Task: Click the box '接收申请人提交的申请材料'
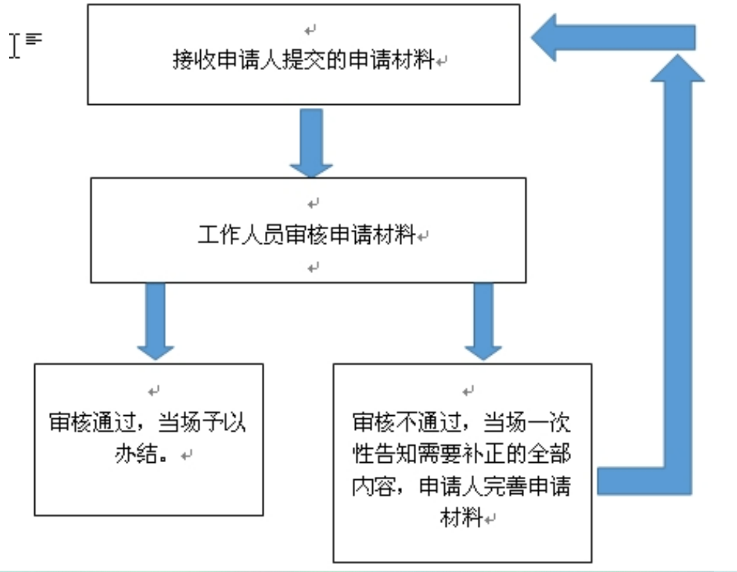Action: point(304,55)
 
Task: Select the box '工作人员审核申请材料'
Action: point(308,230)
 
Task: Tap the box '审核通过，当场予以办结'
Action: point(149,439)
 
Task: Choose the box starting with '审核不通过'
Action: point(463,463)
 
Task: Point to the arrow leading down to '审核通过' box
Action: point(156,322)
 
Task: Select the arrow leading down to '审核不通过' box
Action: point(483,322)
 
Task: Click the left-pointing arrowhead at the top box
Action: point(544,37)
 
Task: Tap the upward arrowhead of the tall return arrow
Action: point(678,68)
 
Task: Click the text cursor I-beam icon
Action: point(15,46)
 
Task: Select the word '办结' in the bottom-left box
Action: point(136,454)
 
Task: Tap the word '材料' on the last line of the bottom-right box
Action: point(461,517)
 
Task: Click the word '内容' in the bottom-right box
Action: point(374,486)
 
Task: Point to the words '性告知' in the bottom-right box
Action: point(385,454)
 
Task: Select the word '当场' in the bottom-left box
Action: point(180,422)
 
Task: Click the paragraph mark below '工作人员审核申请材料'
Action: point(313,268)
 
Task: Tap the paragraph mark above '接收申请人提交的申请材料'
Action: point(310,30)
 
